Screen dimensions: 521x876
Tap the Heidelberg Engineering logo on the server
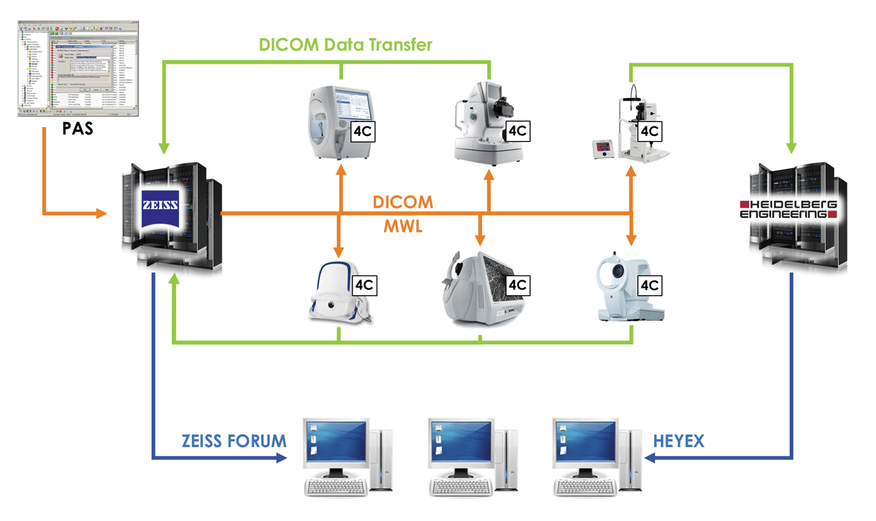788,208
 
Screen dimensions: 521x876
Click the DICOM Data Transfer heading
346,45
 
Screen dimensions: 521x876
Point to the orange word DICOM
402,201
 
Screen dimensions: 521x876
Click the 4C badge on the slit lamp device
649,132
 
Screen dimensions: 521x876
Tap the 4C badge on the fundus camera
517,132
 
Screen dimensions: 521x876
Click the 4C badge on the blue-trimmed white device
364,285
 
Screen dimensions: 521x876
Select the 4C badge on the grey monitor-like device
517,285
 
